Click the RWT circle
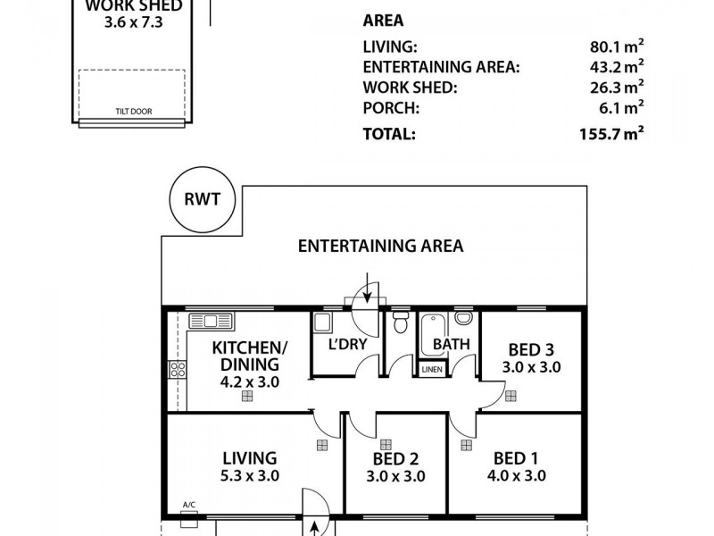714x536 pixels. (203, 200)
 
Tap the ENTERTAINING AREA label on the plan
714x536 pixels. (380, 246)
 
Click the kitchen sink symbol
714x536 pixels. (211, 320)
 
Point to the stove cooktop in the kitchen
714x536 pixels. (177, 370)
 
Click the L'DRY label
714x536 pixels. (345, 344)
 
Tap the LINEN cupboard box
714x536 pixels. (430, 368)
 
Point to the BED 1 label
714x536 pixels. (515, 459)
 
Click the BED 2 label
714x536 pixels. (395, 459)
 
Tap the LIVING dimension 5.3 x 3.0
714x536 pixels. (251, 476)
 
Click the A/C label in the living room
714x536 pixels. (189, 505)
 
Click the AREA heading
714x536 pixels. (383, 21)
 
